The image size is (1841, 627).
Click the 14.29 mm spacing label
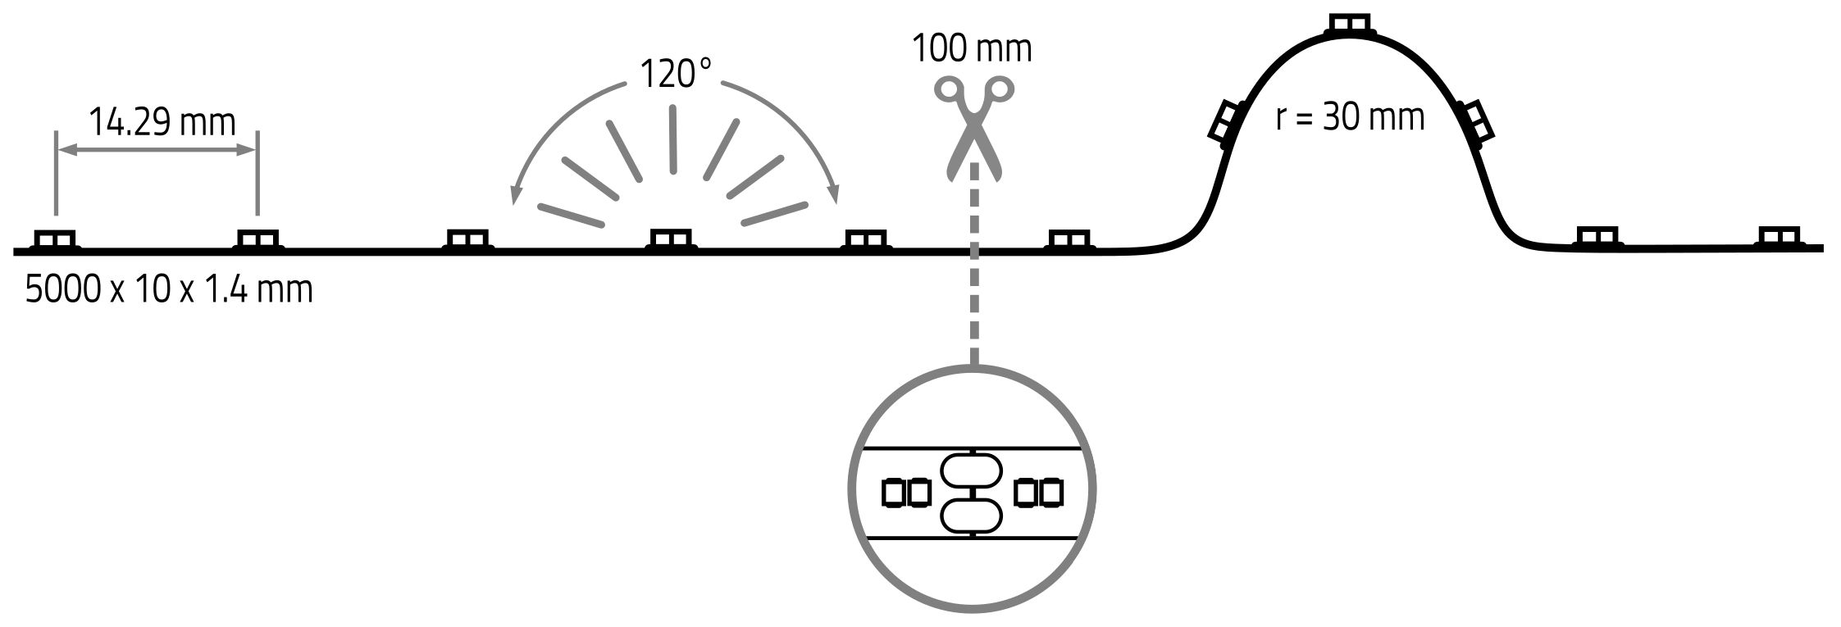[162, 123]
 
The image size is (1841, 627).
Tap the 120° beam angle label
[675, 75]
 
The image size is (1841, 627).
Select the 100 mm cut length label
[972, 48]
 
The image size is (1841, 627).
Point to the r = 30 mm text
[1350, 117]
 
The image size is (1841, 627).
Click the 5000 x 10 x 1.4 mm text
[169, 290]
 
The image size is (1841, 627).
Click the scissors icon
[974, 128]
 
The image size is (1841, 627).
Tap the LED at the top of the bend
[1349, 25]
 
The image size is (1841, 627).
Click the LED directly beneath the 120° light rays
[672, 239]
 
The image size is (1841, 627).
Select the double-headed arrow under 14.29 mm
[157, 150]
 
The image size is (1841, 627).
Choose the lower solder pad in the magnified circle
[972, 516]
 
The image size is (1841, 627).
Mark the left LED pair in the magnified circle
[906, 493]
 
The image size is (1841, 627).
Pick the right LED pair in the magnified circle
[1038, 492]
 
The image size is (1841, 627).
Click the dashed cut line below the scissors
[974, 263]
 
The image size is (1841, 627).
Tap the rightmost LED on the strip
[1779, 238]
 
